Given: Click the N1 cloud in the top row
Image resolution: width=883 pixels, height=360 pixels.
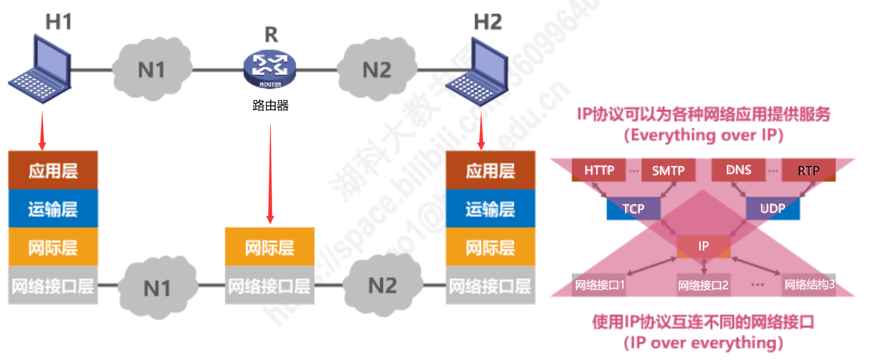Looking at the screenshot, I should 152,70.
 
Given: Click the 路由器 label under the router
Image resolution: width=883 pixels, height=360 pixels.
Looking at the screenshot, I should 270,105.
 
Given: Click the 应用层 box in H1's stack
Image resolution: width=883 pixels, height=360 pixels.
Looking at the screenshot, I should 53,171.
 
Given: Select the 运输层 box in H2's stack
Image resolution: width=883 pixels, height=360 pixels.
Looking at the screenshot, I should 490,209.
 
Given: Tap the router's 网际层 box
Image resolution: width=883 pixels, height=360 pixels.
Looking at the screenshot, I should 270,247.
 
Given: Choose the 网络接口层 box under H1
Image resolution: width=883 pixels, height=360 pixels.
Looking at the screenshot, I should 53,286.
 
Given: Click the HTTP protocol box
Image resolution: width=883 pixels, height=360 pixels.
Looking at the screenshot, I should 599,170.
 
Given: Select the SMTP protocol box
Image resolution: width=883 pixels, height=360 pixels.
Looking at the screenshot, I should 668,171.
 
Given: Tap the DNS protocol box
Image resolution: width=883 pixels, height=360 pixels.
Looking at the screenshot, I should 738,170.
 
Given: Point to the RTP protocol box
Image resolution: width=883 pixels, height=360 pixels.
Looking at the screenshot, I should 808,171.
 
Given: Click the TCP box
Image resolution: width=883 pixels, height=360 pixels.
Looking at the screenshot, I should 633,209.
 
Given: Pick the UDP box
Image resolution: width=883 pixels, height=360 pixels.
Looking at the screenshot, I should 772,208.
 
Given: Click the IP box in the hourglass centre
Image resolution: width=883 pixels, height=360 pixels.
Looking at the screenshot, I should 703,246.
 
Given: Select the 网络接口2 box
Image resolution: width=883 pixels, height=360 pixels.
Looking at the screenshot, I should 703,286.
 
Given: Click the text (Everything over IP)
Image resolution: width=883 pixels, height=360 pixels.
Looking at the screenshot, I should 703,135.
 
